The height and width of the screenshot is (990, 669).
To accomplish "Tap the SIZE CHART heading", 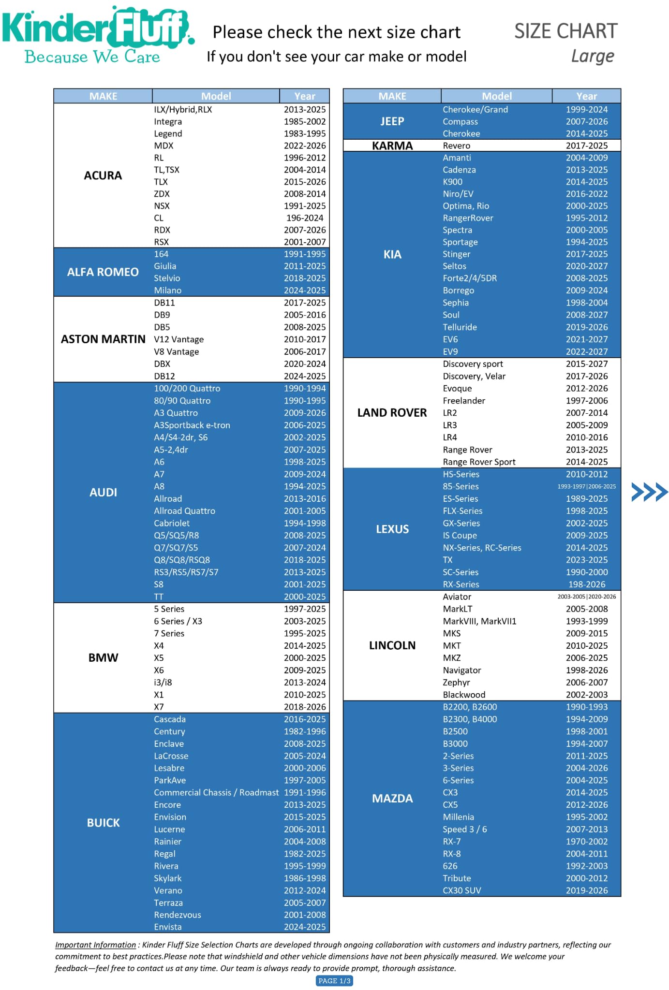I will click(x=565, y=31).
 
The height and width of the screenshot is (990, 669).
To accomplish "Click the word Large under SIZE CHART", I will click(x=592, y=56).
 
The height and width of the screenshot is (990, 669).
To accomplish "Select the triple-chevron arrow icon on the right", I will click(x=649, y=492).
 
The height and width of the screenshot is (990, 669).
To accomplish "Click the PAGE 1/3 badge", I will click(x=334, y=980).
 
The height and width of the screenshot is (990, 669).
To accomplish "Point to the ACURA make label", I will click(x=103, y=175).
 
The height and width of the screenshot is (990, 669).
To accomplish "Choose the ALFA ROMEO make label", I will click(x=103, y=272).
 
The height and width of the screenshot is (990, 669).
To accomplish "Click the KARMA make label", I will click(x=392, y=146).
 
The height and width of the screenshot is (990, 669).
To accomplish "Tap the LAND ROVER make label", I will click(x=392, y=413).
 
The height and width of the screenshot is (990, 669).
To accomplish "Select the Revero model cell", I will click(x=457, y=146).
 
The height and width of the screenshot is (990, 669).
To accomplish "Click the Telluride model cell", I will click(x=460, y=327).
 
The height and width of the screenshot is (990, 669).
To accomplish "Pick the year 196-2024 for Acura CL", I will click(x=305, y=218).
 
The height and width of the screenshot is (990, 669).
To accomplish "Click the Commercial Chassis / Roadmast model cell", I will click(x=216, y=792).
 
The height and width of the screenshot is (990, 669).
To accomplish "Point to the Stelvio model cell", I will click(x=167, y=278).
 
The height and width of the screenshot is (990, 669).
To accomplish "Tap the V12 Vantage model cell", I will click(x=179, y=339).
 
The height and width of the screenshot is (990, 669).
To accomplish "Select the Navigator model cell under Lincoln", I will click(x=462, y=670).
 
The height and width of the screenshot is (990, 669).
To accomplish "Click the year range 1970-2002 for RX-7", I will click(x=587, y=842).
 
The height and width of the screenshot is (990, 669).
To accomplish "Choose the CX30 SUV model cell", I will click(x=462, y=890).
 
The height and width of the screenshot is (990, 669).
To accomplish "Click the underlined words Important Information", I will click(x=95, y=945).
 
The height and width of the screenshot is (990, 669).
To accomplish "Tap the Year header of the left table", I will click(x=305, y=96).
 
